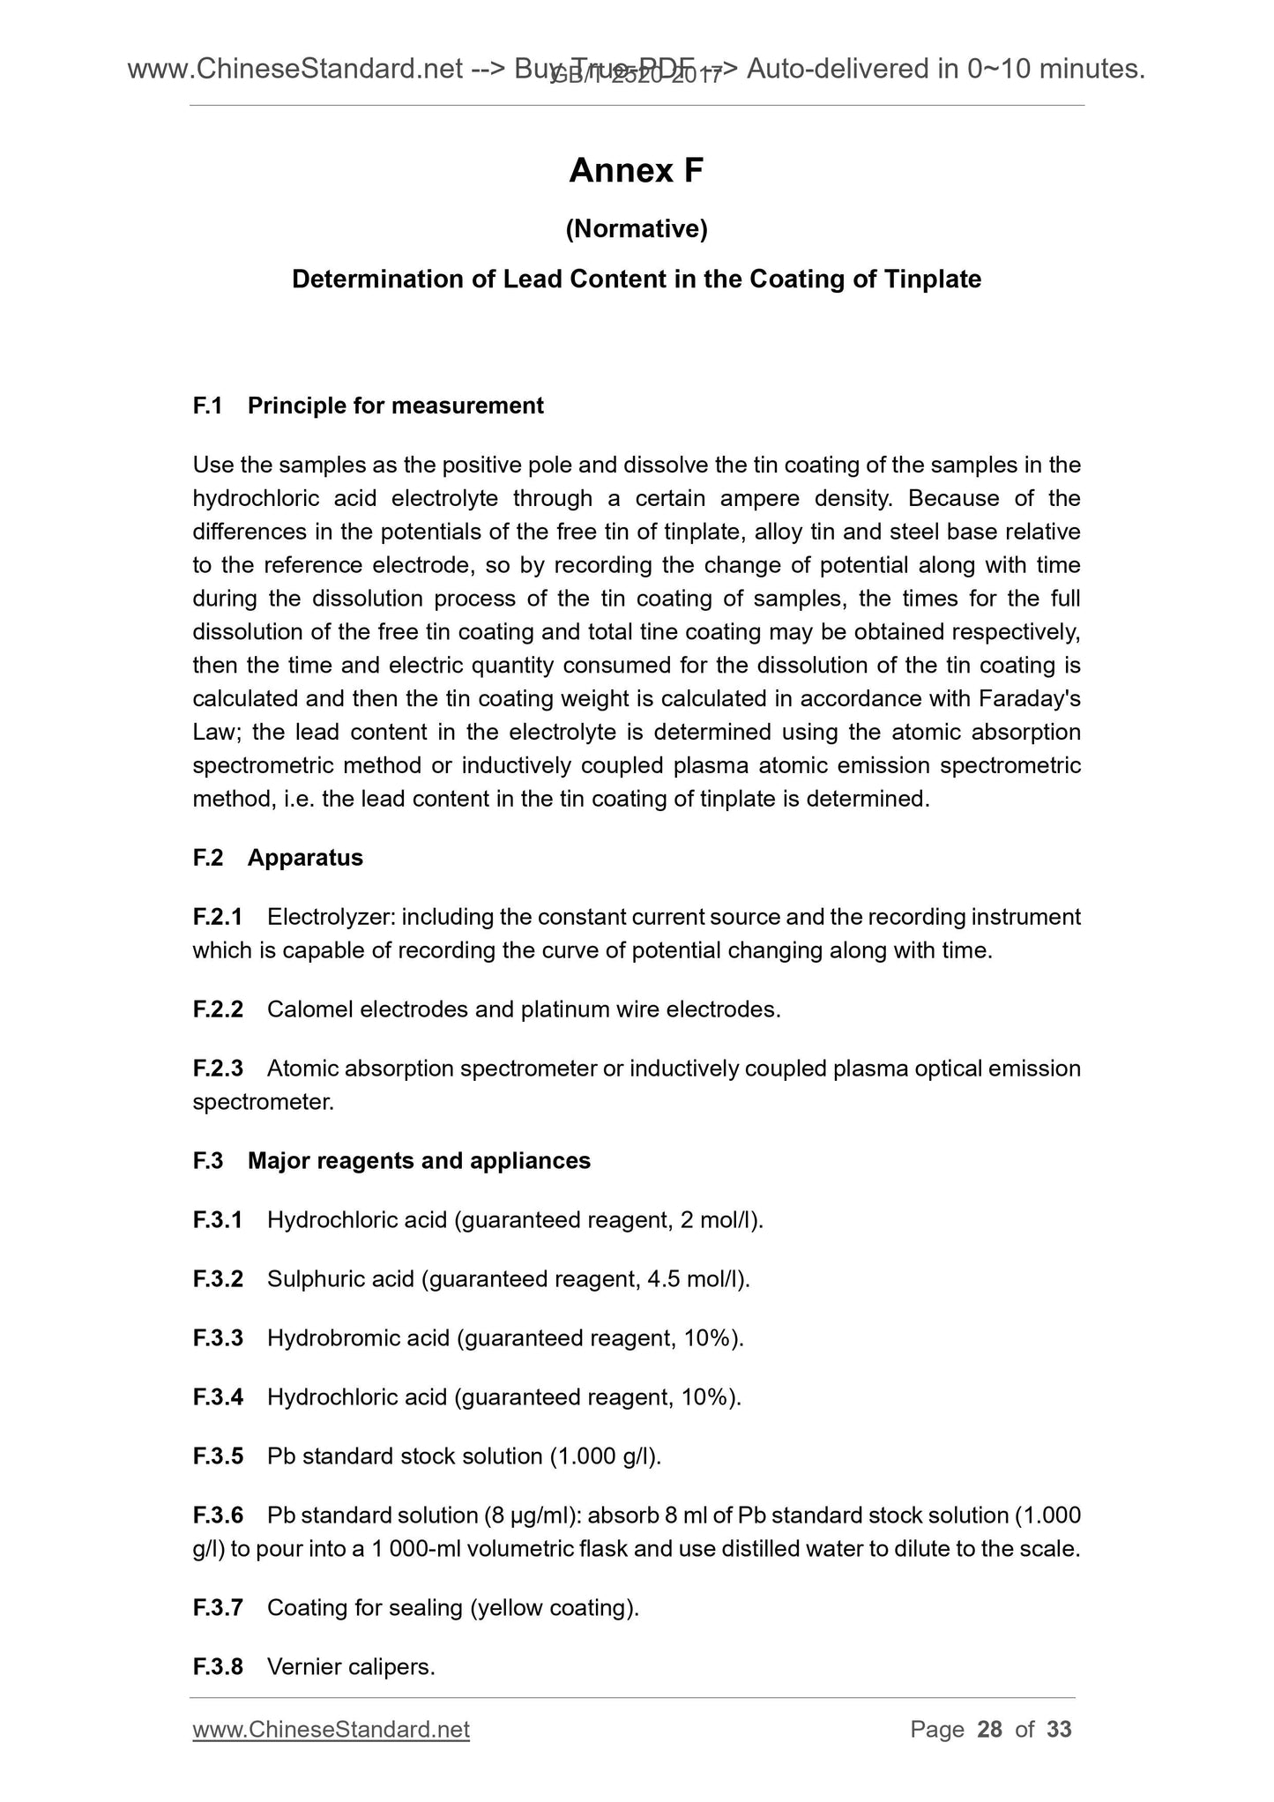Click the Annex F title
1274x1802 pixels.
(x=636, y=171)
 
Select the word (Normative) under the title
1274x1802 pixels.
(x=636, y=229)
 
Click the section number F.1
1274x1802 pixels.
(x=207, y=406)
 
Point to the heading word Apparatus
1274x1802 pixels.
(x=305, y=858)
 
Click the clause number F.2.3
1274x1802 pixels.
(x=218, y=1069)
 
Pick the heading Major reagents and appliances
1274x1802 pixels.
(x=419, y=1161)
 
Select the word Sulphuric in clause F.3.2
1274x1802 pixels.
(x=316, y=1279)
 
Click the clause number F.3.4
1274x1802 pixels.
(x=218, y=1397)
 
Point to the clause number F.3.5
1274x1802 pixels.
(x=218, y=1456)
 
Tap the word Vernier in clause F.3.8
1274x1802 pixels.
(x=302, y=1667)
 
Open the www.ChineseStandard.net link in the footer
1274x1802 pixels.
(x=331, y=1730)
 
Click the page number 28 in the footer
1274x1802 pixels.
(x=990, y=1730)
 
